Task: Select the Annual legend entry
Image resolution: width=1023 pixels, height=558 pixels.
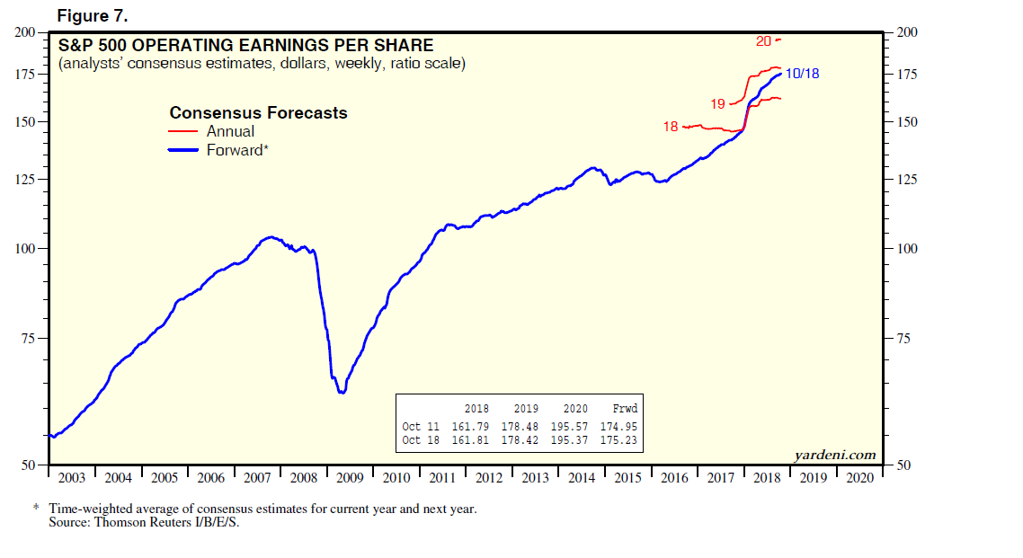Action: pos(231,131)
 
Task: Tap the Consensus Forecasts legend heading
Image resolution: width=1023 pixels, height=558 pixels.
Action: pos(258,113)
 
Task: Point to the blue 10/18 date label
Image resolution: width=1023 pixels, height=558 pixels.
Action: pos(802,74)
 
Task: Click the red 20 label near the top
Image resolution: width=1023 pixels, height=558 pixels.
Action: pos(764,40)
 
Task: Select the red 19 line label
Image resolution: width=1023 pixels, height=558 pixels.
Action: pos(717,104)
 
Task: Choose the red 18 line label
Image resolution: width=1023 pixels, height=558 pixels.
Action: pos(671,127)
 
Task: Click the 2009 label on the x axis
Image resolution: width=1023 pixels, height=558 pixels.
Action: pos(350,478)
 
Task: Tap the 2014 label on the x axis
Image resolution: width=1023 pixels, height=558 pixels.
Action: pos(582,478)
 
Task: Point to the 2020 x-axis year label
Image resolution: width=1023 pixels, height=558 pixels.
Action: pos(859,478)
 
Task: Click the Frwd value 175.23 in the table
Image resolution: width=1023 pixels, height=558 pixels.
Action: pos(619,441)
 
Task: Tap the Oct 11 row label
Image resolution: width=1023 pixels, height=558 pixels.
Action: pos(421,427)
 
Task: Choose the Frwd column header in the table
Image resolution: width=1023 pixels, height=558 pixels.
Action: pos(624,409)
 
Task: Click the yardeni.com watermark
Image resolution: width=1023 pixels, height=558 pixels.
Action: pos(835,455)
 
